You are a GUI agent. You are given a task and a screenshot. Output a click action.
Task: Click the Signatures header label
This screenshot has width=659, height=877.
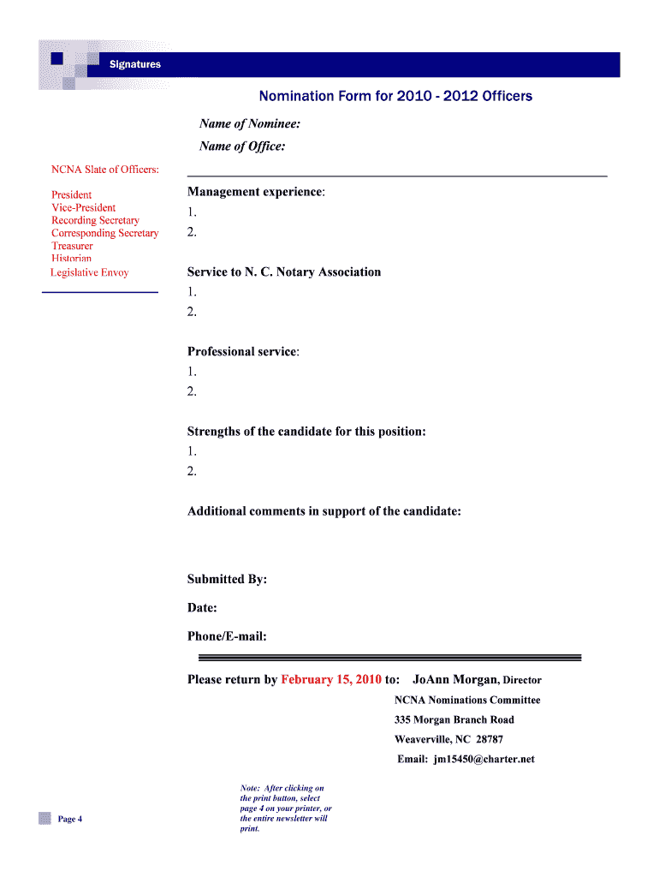pyautogui.click(x=134, y=64)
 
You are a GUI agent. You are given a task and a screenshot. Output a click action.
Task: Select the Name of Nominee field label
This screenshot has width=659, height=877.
pyautogui.click(x=249, y=124)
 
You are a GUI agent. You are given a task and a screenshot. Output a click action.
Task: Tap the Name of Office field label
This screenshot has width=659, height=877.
pyautogui.click(x=242, y=146)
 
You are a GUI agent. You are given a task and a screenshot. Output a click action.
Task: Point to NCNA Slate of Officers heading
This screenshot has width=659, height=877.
pyautogui.click(x=105, y=170)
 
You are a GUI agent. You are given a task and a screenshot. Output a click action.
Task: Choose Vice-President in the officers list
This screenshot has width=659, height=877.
pyautogui.click(x=83, y=208)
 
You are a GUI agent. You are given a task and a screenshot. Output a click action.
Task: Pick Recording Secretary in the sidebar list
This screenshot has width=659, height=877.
pyautogui.click(x=95, y=221)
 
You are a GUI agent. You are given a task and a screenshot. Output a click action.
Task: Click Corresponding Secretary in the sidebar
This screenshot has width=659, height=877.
pyautogui.click(x=104, y=234)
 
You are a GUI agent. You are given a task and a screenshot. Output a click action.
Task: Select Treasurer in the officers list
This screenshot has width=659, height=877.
pyautogui.click(x=72, y=247)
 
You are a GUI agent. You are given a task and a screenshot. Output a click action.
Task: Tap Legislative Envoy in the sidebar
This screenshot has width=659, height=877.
pyautogui.click(x=89, y=272)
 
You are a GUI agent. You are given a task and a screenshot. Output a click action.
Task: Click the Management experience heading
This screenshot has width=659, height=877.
pyautogui.click(x=256, y=192)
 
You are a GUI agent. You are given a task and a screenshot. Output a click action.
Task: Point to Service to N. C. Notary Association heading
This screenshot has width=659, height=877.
pyautogui.click(x=284, y=272)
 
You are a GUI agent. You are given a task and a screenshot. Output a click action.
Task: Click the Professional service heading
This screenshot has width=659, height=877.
pyautogui.click(x=243, y=352)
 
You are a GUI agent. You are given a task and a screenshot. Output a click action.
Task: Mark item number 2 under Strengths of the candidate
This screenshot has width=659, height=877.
pyautogui.click(x=193, y=471)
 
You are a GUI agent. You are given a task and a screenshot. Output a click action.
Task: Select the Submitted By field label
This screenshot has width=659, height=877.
pyautogui.click(x=227, y=580)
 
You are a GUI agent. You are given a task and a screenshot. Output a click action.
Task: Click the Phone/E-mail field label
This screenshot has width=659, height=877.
pyautogui.click(x=227, y=636)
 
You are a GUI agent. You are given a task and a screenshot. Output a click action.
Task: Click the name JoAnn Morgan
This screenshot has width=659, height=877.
pyautogui.click(x=454, y=680)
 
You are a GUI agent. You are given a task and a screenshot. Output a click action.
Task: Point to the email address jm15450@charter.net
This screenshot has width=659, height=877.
pyautogui.click(x=484, y=759)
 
